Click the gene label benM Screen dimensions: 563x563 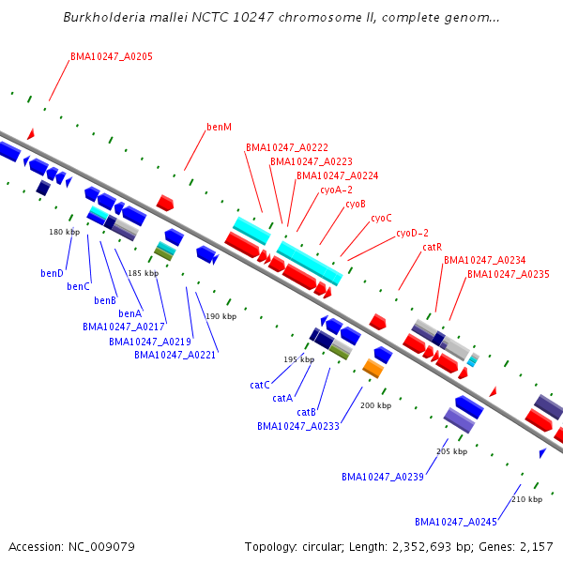(219, 127)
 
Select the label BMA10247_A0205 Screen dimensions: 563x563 (112, 56)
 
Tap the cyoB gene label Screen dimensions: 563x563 (356, 205)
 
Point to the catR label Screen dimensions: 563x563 (433, 247)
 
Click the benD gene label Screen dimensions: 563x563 (52, 273)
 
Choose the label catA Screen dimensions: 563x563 (282, 398)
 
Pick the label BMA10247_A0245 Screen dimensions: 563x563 (456, 522)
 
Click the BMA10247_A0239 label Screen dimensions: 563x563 (383, 477)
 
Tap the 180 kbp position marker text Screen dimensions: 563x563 (64, 232)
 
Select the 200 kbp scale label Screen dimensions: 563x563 (376, 405)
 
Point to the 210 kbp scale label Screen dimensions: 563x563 (526, 499)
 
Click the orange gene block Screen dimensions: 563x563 (373, 369)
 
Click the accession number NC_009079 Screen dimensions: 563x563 (101, 547)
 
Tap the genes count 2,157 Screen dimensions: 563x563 (537, 547)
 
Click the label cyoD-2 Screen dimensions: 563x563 (412, 233)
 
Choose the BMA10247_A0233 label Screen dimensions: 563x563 (298, 426)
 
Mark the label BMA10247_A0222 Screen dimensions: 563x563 (287, 147)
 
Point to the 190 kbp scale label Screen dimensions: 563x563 (221, 316)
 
